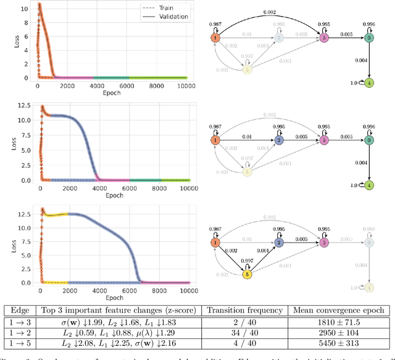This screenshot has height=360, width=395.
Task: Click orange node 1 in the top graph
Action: (x=215, y=38)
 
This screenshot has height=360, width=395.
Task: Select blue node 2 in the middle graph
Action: (x=278, y=141)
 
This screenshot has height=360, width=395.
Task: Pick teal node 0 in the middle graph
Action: (x=369, y=141)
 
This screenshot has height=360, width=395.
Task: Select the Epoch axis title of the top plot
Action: (x=112, y=93)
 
